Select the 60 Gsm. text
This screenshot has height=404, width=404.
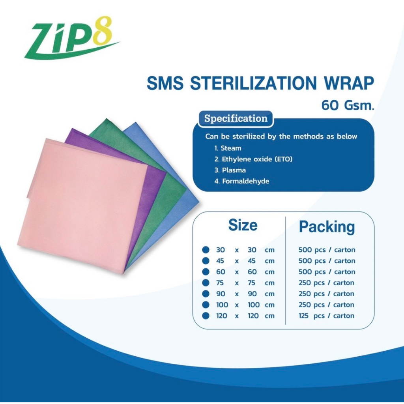click(348, 105)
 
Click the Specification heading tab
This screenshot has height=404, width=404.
click(236, 119)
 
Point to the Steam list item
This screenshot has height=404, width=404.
click(231, 148)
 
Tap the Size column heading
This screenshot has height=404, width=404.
click(243, 225)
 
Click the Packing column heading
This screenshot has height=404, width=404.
click(327, 227)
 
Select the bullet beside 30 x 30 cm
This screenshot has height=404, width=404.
click(205, 250)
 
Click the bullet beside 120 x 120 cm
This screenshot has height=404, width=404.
click(205, 316)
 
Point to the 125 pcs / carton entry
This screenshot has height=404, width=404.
click(327, 316)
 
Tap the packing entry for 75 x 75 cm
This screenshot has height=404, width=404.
click(327, 283)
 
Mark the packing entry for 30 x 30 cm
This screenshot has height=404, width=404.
click(327, 250)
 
